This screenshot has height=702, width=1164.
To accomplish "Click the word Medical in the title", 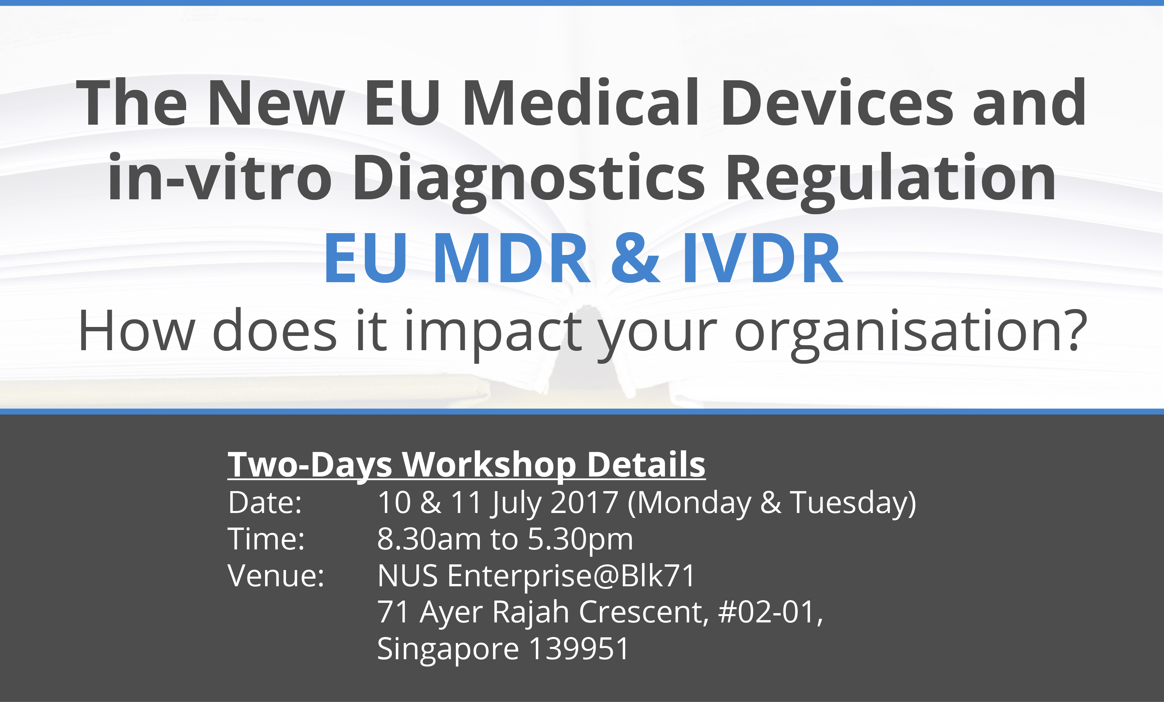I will pos(581,102).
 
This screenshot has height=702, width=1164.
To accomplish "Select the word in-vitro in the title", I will pos(220,177).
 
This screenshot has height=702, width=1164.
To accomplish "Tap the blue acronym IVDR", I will pos(762,258).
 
